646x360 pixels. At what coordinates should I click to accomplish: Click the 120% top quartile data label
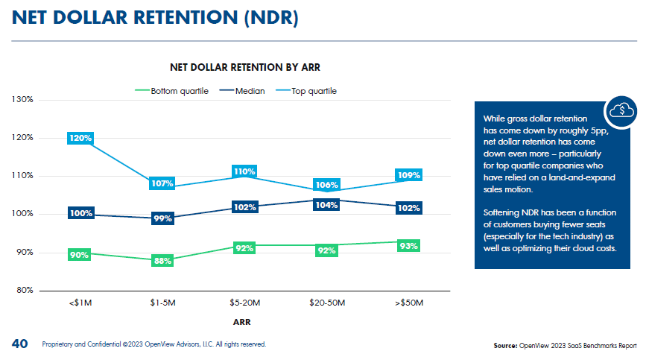tap(80, 138)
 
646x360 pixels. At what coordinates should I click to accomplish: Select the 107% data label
tap(162, 183)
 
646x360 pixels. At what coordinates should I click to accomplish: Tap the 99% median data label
tap(162, 218)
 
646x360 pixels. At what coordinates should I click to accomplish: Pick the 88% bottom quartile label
tap(162, 261)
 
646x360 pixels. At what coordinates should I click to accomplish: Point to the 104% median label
tap(326, 205)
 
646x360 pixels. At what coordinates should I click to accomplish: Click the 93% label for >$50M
tap(408, 245)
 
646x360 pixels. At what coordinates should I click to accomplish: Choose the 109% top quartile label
tap(408, 175)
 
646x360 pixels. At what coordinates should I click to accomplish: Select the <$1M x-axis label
tap(80, 304)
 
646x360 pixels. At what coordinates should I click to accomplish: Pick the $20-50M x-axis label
tap(326, 304)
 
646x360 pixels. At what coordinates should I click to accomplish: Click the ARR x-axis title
tap(241, 322)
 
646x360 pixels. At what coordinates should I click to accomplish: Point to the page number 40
tap(20, 344)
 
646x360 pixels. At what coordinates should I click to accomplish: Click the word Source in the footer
tap(505, 346)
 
